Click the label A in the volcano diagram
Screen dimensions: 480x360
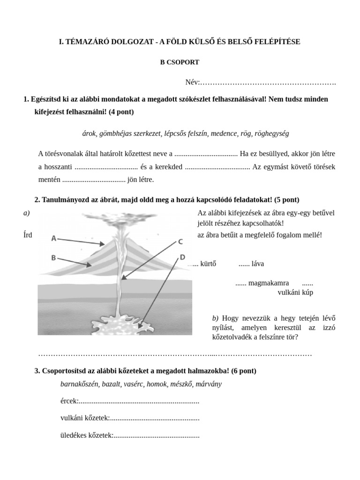click(x=54, y=239)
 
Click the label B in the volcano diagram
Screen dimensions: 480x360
click(x=54, y=257)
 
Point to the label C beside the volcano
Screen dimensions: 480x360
click(x=180, y=242)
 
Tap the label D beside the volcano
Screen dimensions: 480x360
click(x=182, y=257)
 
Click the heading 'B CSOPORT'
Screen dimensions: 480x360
click(x=180, y=62)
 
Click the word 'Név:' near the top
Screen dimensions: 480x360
click(x=192, y=82)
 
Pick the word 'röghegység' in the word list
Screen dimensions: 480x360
click(x=272, y=134)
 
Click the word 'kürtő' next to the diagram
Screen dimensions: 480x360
click(x=208, y=263)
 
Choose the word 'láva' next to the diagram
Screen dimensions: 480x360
click(x=257, y=263)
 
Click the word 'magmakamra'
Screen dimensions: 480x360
click(x=269, y=283)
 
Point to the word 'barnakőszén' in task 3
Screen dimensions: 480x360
click(x=79, y=384)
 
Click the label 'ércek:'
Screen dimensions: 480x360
click(x=69, y=401)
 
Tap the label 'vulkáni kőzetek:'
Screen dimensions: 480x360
click(x=85, y=418)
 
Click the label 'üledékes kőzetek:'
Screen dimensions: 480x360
click(x=87, y=435)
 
